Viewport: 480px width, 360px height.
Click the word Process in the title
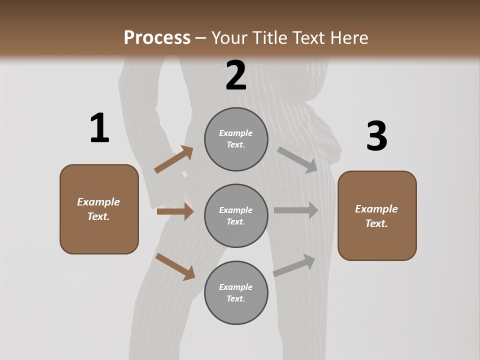coord(157,37)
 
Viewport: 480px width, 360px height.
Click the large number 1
coord(99,128)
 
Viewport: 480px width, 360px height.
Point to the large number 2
coord(236,75)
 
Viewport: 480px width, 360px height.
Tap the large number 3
coord(376,137)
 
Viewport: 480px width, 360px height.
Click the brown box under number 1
coord(99,209)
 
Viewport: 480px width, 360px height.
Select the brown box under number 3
coord(377,215)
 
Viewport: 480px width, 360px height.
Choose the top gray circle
coord(236,139)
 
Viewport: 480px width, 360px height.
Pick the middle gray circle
coord(236,215)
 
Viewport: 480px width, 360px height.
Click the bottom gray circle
coord(236,292)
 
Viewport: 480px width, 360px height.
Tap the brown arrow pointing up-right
coord(174,159)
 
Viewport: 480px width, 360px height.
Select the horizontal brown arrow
coord(175,211)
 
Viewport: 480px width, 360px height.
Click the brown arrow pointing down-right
coord(175,266)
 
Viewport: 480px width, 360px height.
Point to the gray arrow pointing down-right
coord(298,159)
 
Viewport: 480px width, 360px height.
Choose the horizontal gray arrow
coord(296,210)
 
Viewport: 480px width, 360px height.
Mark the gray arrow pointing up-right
coord(294,265)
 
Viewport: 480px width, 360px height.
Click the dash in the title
coord(201,38)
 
